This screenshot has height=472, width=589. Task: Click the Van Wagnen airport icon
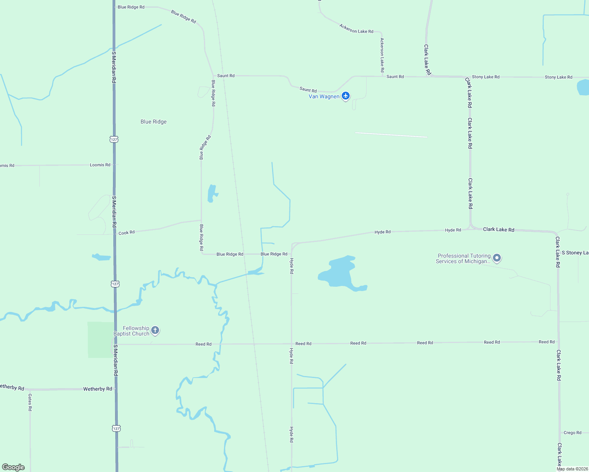pos(346,96)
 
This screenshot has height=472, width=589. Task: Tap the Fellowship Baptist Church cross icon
pos(155,330)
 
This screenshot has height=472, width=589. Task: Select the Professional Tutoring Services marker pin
pos(497,258)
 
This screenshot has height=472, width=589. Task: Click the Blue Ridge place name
pos(154,122)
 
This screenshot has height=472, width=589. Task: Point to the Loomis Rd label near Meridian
pos(100,165)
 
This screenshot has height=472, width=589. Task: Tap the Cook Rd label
pos(126,232)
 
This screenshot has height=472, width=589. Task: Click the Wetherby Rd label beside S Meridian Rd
pos(98,389)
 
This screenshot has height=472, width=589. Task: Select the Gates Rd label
pos(30,402)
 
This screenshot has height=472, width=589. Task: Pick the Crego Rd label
pos(572,433)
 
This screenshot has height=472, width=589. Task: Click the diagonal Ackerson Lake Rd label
pos(356,29)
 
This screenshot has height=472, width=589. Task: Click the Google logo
pos(13,467)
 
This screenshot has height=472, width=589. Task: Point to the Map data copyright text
pos(572,469)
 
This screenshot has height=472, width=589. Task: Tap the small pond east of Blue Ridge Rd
pos(212,193)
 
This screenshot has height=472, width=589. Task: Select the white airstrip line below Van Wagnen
pos(391,135)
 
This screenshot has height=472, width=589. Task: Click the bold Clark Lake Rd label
pos(498,229)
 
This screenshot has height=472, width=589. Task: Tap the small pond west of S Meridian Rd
pos(102,257)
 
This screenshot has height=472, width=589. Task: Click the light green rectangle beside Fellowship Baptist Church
pos(100,340)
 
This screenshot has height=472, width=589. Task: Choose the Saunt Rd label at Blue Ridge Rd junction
pos(226,76)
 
